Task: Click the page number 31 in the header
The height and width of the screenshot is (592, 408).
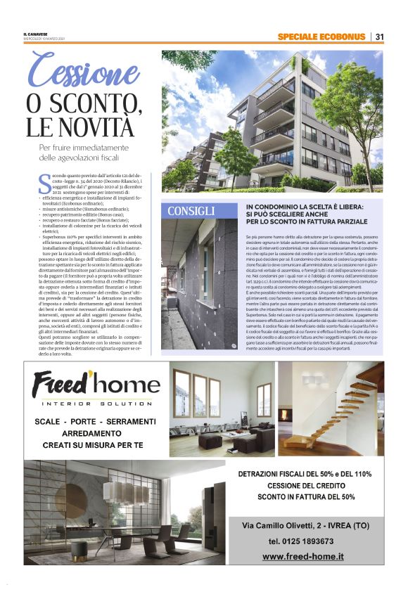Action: (379, 37)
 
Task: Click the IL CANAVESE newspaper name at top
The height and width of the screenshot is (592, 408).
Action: (34, 34)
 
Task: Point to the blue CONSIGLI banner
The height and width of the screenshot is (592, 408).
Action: (191, 211)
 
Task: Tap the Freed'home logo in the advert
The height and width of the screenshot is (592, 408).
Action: (96, 385)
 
